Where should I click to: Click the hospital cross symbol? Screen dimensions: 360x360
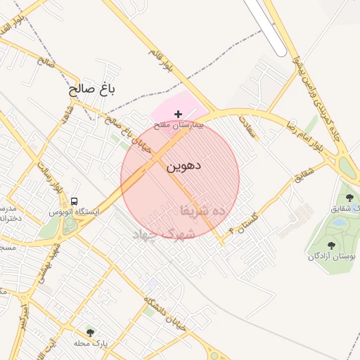[x=178, y=113]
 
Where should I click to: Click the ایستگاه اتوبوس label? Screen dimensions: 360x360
[x=75, y=211]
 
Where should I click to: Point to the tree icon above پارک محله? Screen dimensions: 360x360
[x=89, y=332]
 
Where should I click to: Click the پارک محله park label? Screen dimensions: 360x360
[x=89, y=343]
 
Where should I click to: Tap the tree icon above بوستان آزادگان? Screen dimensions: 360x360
[x=330, y=245]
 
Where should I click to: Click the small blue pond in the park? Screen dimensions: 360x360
[x=338, y=221]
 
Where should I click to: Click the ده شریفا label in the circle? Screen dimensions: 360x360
[x=202, y=210]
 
